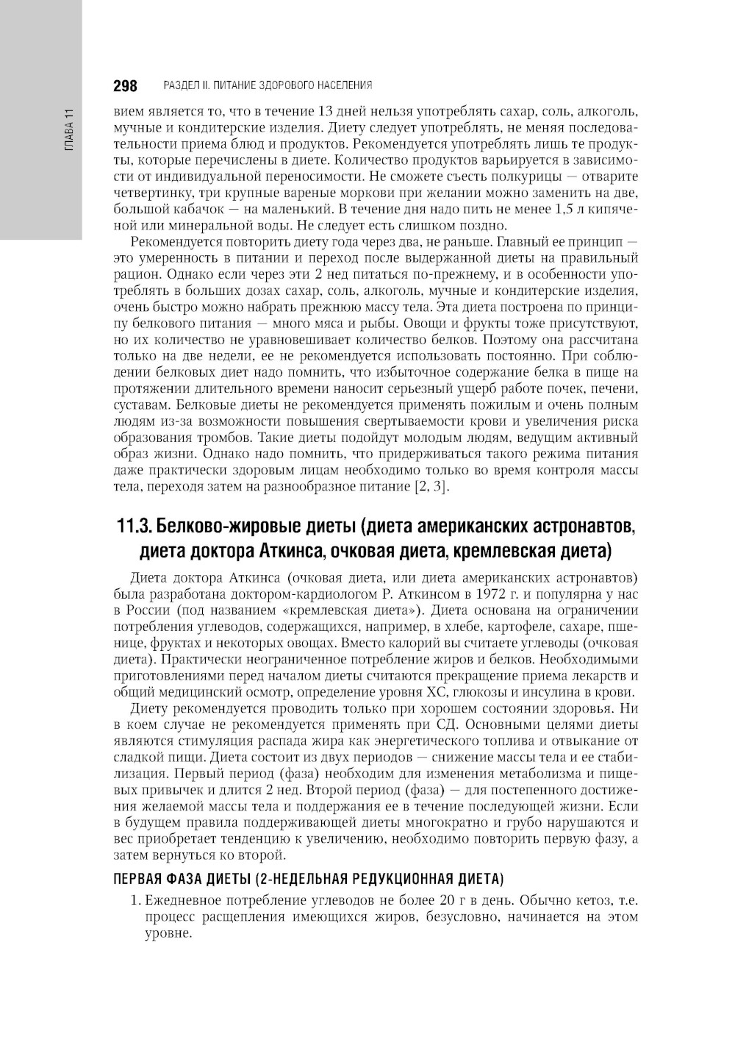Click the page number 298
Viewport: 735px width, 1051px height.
click(x=125, y=86)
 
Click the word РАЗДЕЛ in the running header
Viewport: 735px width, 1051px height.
click(x=180, y=85)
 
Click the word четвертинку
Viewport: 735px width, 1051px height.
click(x=151, y=193)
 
